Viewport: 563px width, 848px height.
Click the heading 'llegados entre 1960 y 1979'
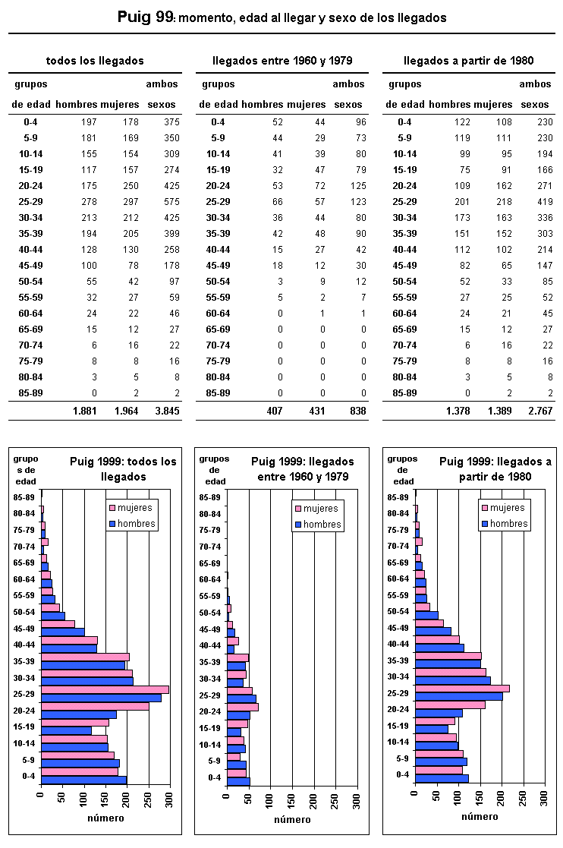282,61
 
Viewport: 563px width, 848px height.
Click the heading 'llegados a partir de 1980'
469,61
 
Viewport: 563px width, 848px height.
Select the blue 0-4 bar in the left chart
83,780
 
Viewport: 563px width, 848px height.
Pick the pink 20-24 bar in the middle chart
243,707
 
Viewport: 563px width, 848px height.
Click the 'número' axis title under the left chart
105,818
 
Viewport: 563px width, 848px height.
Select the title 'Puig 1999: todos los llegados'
123,468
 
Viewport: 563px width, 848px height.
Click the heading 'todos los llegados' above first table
95,61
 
